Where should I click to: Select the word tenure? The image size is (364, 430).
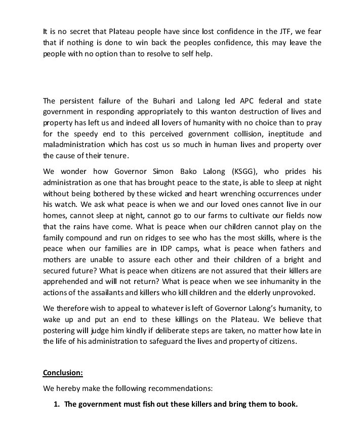click(x=116, y=156)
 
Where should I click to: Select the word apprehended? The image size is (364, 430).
click(x=66, y=281)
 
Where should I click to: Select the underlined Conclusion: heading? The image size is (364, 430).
click(x=63, y=373)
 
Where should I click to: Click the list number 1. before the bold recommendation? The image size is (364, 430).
click(x=57, y=405)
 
